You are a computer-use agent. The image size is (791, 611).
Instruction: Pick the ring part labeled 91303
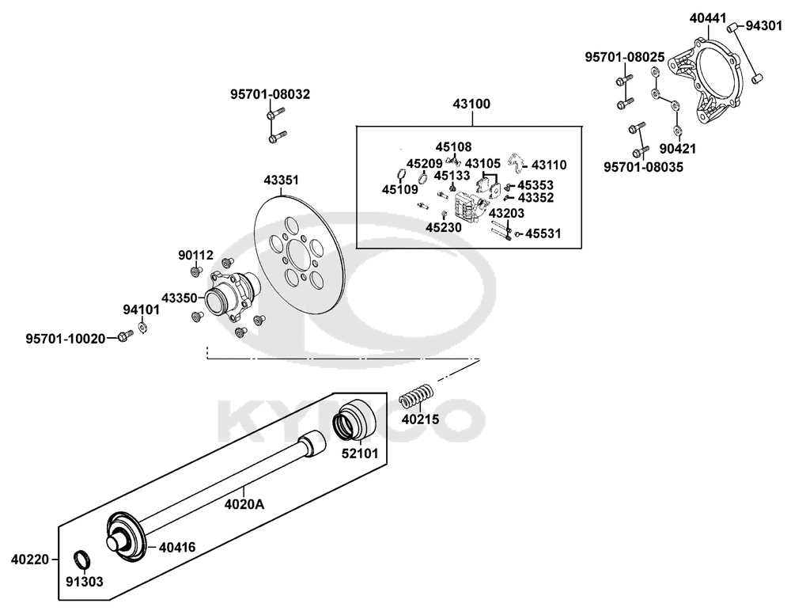[x=81, y=560]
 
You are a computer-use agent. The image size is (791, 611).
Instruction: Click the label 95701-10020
[x=65, y=338]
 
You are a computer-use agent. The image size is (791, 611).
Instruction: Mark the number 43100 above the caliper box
[x=471, y=104]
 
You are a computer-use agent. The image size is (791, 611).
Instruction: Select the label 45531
[x=543, y=233]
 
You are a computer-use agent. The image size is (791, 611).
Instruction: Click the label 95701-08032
[x=271, y=94]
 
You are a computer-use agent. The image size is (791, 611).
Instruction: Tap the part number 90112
[x=196, y=255]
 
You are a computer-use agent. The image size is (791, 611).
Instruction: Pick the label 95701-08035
[x=643, y=167]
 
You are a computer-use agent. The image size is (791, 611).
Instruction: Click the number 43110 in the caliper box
[x=549, y=165]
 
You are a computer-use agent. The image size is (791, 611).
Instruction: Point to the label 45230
[x=443, y=226]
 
